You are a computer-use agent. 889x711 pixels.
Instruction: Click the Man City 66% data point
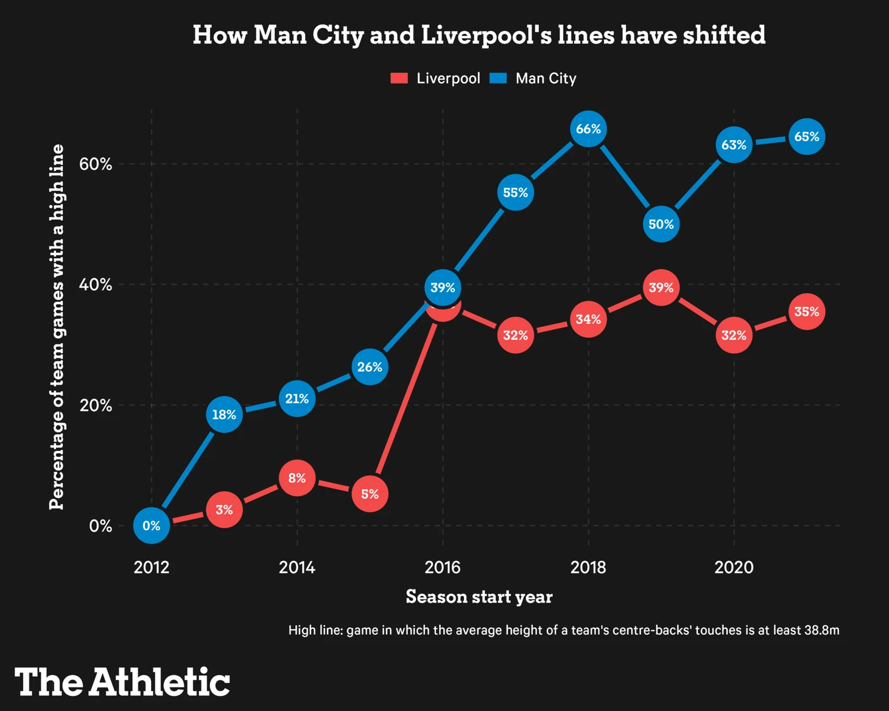pyautogui.click(x=588, y=129)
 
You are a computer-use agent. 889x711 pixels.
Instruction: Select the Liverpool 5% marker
pyautogui.click(x=370, y=494)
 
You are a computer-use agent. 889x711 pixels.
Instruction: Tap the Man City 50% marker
pyautogui.click(x=661, y=224)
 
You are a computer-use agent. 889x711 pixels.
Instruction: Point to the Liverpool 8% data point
pyautogui.click(x=297, y=478)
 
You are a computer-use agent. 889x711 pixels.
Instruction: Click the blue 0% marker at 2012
pyautogui.click(x=151, y=525)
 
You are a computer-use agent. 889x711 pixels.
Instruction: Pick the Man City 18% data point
pyautogui.click(x=224, y=415)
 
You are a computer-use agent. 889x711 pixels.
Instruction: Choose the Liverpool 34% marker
pyautogui.click(x=588, y=319)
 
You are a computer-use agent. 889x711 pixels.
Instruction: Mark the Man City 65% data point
pyautogui.click(x=807, y=137)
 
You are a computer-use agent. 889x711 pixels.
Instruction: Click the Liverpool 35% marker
pyautogui.click(x=807, y=312)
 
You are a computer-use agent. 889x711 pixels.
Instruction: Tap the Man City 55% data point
pyautogui.click(x=516, y=192)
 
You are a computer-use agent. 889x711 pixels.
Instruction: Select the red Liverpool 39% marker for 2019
pyautogui.click(x=661, y=287)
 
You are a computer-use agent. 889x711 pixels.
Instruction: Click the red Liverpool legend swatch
pyautogui.click(x=399, y=79)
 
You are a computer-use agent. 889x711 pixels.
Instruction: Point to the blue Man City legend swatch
pyautogui.click(x=498, y=79)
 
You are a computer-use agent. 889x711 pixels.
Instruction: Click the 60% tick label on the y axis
pyautogui.click(x=96, y=164)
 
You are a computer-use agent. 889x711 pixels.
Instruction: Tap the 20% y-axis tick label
pyautogui.click(x=96, y=405)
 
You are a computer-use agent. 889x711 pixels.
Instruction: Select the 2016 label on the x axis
pyautogui.click(x=443, y=567)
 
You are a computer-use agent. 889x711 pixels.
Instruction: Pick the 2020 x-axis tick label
pyautogui.click(x=734, y=567)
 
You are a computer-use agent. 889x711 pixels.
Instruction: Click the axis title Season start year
pyautogui.click(x=479, y=597)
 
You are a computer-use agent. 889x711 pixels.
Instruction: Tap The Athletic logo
pyautogui.click(x=122, y=682)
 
